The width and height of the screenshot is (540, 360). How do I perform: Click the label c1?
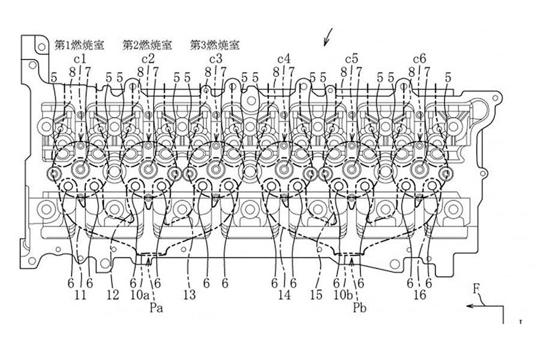pos(80,59)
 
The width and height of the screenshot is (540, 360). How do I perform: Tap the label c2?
pos(148,59)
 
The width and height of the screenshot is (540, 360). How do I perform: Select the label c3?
pos(216,59)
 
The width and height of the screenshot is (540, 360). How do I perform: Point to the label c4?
pos(284,59)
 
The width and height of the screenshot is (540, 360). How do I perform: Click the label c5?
pos(352,59)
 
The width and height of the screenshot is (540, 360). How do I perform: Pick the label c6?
pos(420,59)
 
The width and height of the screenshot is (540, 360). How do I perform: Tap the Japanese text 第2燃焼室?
pos(148,45)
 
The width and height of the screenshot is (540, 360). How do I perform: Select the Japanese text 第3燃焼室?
pos(215,45)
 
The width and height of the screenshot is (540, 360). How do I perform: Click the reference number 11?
pos(80,295)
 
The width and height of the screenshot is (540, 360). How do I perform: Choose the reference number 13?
pos(190,295)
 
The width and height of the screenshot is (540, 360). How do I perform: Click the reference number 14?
pos(284,295)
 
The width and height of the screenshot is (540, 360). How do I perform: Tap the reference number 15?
pos(316,295)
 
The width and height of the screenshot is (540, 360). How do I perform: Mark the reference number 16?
pos(420,295)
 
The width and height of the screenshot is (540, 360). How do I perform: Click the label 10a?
pos(141,295)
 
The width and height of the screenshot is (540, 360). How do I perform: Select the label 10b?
pos(343,295)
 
